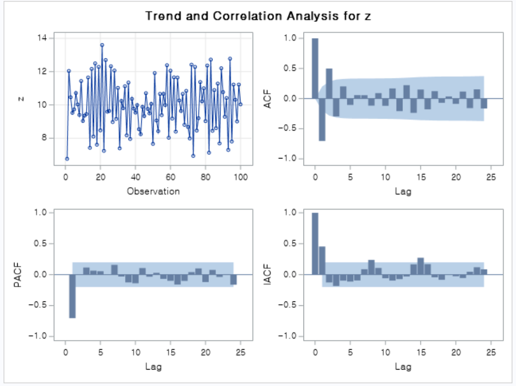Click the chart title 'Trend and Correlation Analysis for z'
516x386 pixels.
258,16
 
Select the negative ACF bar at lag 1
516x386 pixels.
322,119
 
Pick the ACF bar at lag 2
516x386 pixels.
329,83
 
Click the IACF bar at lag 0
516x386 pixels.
315,243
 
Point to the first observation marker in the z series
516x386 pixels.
67,159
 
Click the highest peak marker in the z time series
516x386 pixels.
102,45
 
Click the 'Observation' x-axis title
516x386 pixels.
153,191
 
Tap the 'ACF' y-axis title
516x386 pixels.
268,98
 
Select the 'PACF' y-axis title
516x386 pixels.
19,274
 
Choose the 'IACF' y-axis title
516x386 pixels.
268,274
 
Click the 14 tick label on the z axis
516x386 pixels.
42,38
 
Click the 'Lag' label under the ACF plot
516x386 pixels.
403,191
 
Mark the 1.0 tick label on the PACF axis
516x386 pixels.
40,213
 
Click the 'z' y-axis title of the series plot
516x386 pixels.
21,98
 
